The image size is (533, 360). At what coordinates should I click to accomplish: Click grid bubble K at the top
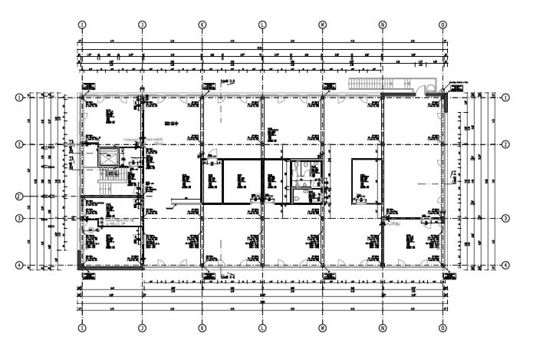(202, 24)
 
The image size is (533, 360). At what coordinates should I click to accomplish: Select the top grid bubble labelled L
(262, 24)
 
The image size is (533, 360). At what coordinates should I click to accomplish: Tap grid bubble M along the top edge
(322, 24)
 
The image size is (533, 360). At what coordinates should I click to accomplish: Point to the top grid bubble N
(383, 24)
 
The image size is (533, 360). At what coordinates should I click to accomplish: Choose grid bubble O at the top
(443, 24)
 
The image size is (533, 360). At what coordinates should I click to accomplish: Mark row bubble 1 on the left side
(21, 97)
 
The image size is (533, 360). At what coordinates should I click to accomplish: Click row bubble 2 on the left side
(21, 144)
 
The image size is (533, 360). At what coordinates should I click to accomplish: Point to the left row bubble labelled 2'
(21, 196)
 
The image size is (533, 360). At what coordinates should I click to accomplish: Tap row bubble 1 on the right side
(505, 97)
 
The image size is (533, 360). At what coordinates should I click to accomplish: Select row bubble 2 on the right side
(505, 144)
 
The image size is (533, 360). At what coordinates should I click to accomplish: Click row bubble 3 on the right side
(505, 218)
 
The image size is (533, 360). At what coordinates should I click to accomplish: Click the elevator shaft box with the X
(108, 157)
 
